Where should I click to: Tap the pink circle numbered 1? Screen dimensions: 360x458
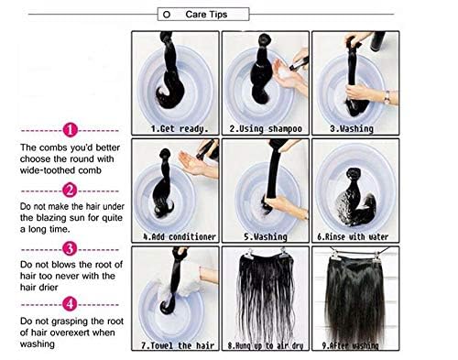point(71,130)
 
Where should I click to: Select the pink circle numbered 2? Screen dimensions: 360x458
point(71,190)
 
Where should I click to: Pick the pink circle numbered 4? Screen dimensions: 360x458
point(71,302)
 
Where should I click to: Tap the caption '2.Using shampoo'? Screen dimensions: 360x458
point(266,129)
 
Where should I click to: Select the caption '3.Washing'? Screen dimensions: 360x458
point(356,129)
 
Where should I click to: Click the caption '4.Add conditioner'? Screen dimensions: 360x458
point(175,235)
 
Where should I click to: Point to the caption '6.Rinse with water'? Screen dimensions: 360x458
point(356,235)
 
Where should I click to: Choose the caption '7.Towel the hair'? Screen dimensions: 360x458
point(175,346)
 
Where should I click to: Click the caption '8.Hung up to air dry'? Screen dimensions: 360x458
point(266,346)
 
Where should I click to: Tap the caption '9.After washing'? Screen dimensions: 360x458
point(356,346)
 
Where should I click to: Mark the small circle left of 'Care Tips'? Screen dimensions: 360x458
point(165,16)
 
